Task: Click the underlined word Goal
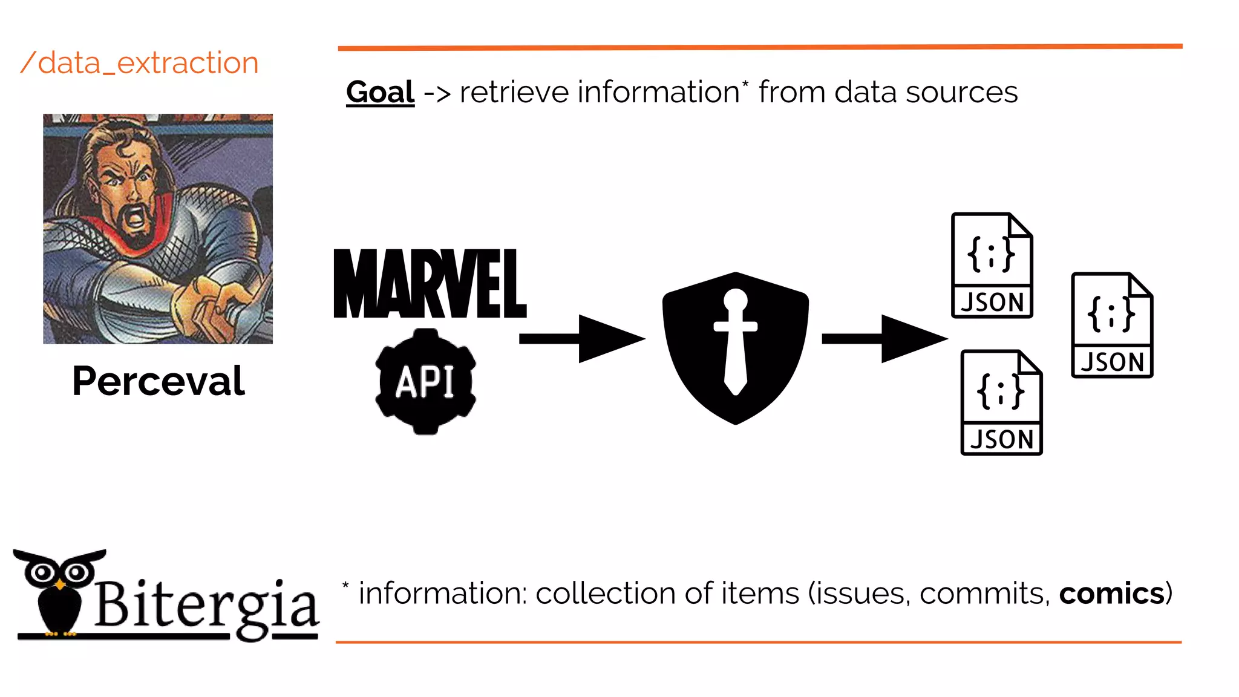380,93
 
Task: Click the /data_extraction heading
139,63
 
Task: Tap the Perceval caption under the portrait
158,381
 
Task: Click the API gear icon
425,382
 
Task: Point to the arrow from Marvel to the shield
581,338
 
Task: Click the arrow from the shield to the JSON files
883,338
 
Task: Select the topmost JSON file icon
992,265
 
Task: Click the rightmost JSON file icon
1111,326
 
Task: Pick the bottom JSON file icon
1001,402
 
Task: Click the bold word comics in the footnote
1111,594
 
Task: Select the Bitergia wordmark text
206,605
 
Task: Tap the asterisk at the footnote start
345,585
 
